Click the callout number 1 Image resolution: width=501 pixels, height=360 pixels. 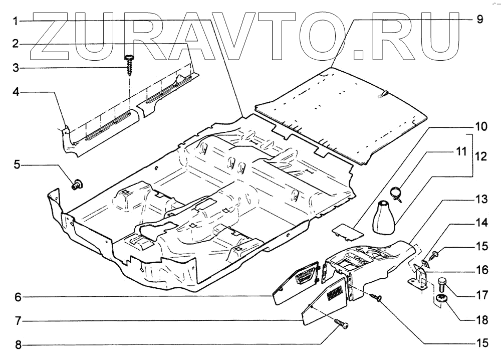click(x=16, y=22)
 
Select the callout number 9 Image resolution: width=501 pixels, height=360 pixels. click(x=479, y=20)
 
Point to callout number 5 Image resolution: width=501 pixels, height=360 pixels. click(x=16, y=164)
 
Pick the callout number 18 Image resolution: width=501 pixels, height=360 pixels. click(x=481, y=318)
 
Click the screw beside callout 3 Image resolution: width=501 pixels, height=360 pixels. click(x=129, y=64)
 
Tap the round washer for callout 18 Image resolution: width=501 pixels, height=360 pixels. click(x=442, y=300)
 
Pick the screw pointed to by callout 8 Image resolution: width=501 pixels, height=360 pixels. click(x=342, y=325)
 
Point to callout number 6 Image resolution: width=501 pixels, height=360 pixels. click(x=16, y=297)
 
